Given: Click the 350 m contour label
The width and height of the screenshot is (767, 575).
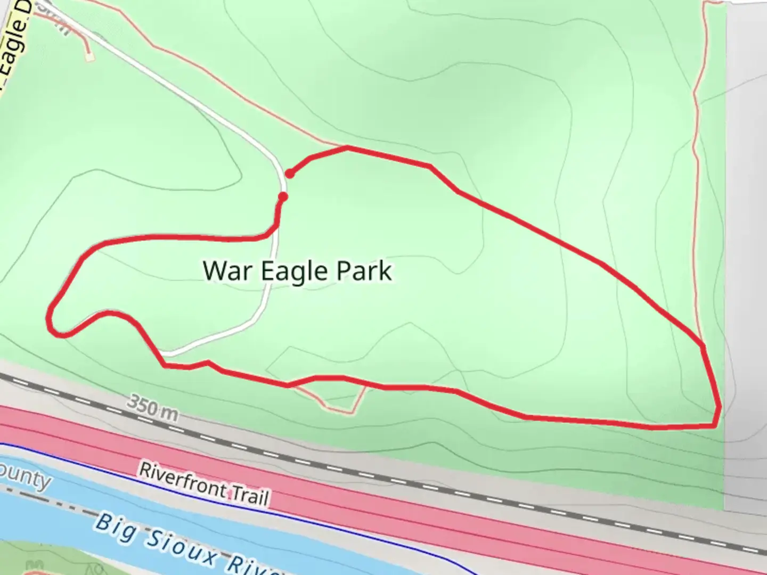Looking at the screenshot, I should coord(152,407).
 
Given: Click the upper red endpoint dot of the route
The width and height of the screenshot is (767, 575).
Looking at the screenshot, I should coord(290,174).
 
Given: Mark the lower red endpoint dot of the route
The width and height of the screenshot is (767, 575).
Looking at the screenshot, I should coord(283,197).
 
